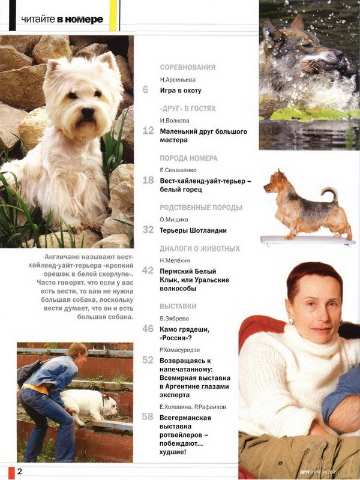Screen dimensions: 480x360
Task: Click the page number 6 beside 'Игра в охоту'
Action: tap(145, 90)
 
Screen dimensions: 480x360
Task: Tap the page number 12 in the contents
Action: tap(148, 130)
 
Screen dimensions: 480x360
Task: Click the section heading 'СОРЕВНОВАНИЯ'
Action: tap(188, 67)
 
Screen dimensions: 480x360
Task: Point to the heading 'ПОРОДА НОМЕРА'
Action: tap(188, 158)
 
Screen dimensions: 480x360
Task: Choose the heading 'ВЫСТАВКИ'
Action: tap(178, 306)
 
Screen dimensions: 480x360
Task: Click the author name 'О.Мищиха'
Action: tap(174, 219)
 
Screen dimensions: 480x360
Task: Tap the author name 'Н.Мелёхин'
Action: tap(176, 260)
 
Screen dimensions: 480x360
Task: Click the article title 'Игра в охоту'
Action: tap(181, 91)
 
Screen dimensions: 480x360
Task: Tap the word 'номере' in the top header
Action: tap(80, 19)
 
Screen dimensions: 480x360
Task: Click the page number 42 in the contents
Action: tap(148, 271)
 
